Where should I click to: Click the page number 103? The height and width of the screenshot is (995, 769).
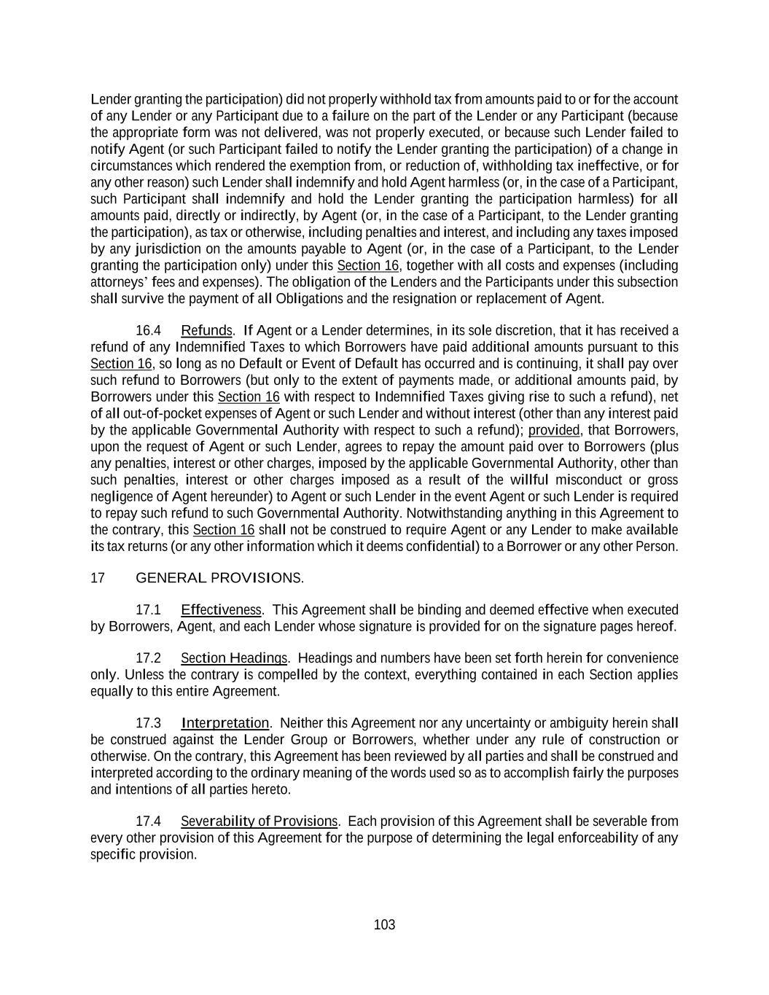(384, 925)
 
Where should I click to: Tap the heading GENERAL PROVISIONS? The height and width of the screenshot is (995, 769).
(220, 579)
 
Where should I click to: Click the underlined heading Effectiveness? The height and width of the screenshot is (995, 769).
(221, 610)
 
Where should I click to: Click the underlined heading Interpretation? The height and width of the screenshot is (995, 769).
(225, 723)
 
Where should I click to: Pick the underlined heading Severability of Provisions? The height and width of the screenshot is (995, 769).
(259, 822)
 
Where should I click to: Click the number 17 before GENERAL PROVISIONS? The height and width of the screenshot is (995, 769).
(98, 579)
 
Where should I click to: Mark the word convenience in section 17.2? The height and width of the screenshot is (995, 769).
(644, 658)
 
